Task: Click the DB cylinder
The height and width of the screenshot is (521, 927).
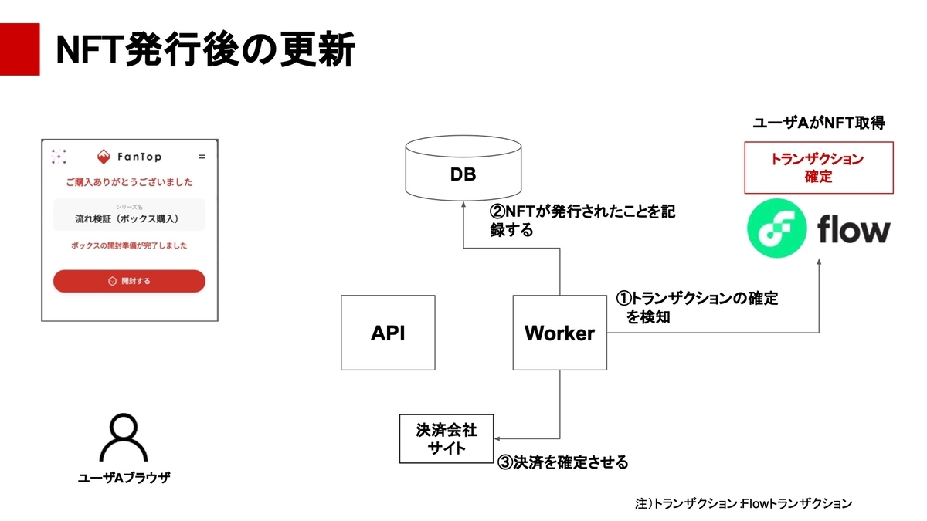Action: (x=463, y=168)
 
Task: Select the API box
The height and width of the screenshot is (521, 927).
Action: (x=388, y=333)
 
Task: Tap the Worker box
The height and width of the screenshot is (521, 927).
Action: (x=559, y=333)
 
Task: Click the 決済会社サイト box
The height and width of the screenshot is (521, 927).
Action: (x=447, y=438)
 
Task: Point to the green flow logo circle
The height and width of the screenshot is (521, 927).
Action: (x=777, y=228)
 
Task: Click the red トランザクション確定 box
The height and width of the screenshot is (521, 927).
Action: (x=819, y=167)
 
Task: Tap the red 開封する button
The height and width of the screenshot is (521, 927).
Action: (x=129, y=281)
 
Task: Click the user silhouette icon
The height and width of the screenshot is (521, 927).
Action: (x=124, y=438)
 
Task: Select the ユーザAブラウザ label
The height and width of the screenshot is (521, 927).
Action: (x=124, y=478)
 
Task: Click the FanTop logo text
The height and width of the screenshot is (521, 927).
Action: (x=140, y=157)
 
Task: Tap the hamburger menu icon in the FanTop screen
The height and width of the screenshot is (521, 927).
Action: (x=202, y=157)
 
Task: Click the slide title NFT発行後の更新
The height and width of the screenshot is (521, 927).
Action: (x=205, y=49)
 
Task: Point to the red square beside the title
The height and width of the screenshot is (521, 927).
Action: (x=19, y=49)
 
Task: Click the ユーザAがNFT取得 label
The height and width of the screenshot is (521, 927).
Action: (x=819, y=123)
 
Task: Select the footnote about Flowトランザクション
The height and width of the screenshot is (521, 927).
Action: (x=744, y=503)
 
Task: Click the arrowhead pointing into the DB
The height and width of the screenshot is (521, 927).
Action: (x=463, y=205)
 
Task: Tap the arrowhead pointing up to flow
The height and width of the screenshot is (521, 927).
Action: (x=819, y=262)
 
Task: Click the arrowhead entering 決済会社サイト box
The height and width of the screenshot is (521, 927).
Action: (x=497, y=438)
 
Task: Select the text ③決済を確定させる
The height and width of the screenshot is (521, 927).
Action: (x=563, y=462)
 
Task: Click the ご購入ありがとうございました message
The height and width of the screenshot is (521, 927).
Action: (x=129, y=182)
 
